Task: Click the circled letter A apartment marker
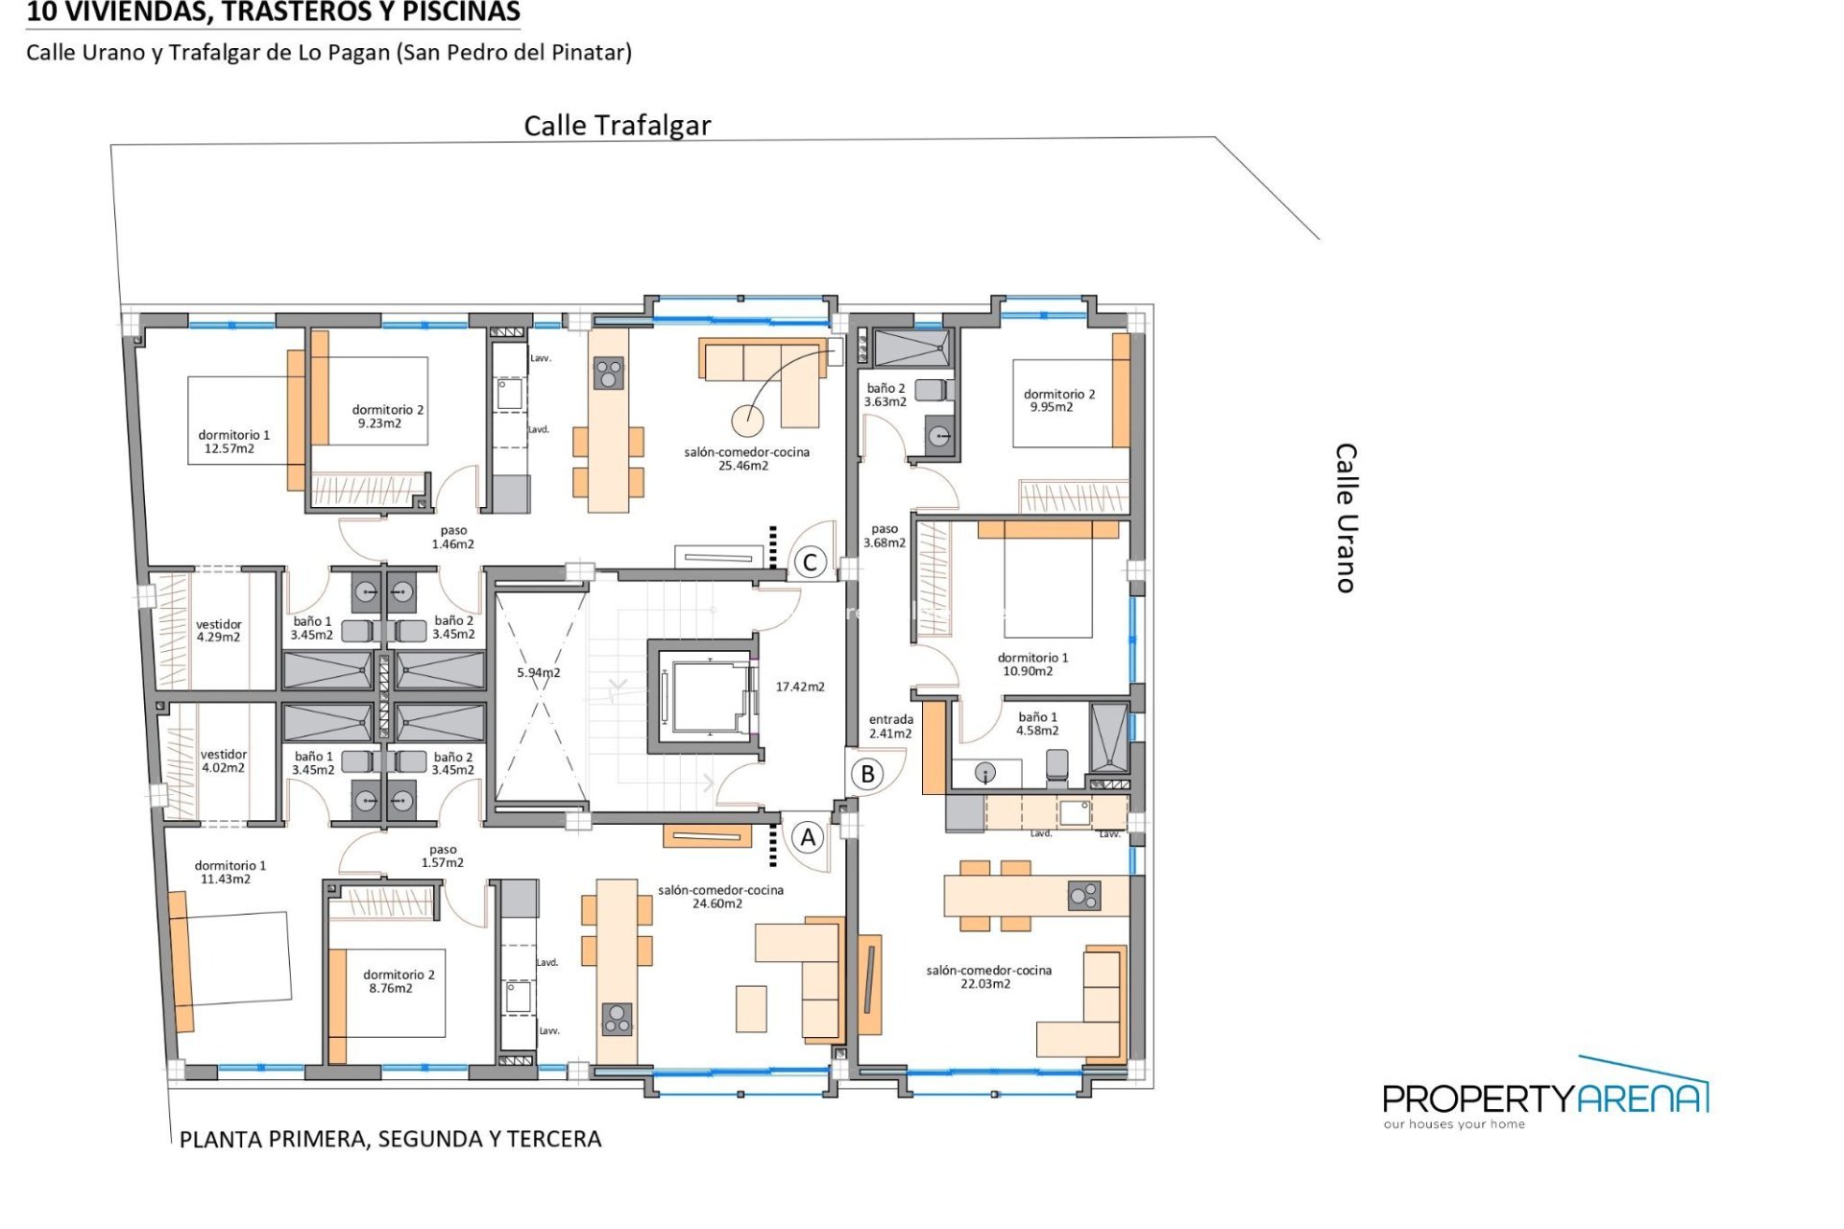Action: pos(808,837)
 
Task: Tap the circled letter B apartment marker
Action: pos(867,774)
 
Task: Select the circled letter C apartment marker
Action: pos(810,563)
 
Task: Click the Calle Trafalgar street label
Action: pos(617,126)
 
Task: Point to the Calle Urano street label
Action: pos(1347,518)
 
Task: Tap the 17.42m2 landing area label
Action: pos(800,687)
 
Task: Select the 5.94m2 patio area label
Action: pos(538,672)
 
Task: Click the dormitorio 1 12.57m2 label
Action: pos(233,442)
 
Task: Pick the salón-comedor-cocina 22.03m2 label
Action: pos(988,976)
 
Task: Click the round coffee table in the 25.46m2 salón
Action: pos(747,420)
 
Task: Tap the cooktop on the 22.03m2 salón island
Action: pos(1084,897)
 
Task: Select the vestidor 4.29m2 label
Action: pos(219,630)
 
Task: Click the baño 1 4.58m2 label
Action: pos(1037,724)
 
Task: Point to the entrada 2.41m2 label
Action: pos(891,726)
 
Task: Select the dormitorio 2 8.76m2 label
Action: pos(398,980)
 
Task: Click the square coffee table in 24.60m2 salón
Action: pos(751,1008)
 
